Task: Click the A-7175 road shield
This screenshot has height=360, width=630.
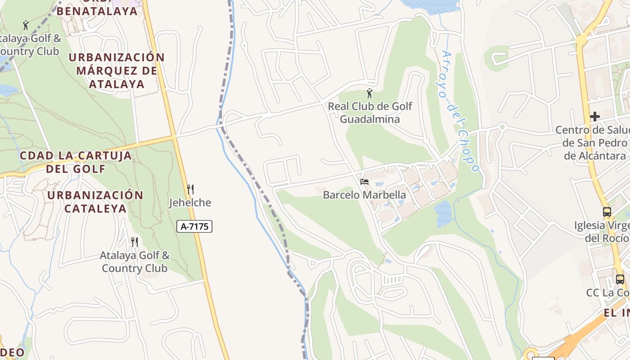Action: tap(194, 226)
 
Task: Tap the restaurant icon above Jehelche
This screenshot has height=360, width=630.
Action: tap(190, 189)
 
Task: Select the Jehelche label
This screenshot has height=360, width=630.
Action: tap(190, 202)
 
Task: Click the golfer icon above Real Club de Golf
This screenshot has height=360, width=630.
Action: tap(369, 94)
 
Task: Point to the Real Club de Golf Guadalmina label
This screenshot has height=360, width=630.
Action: tap(370, 113)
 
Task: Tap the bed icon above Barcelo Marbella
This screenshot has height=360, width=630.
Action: tap(364, 182)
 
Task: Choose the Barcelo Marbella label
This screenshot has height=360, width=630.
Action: tap(364, 195)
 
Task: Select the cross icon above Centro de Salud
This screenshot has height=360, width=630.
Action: tap(595, 117)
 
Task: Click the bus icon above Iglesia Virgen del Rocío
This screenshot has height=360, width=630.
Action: tap(607, 212)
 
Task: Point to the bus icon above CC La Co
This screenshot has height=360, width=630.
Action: tap(620, 279)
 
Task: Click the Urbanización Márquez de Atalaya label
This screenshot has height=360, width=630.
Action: tap(117, 71)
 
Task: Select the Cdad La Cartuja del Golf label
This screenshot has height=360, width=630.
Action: tap(76, 162)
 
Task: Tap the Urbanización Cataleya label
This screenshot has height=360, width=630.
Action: tap(95, 202)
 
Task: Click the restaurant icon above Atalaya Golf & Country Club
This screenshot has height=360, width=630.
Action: tap(134, 242)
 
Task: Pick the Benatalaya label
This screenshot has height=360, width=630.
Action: tap(97, 11)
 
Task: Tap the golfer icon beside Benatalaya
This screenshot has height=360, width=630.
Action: tap(26, 25)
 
